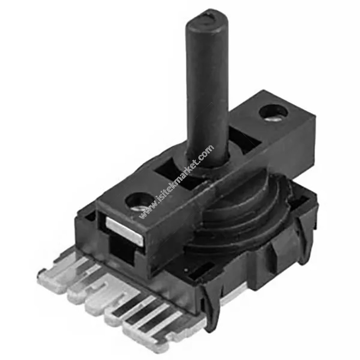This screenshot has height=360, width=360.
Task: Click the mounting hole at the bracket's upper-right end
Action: tap(273, 113)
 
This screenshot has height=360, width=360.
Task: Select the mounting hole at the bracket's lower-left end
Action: tap(140, 201)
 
